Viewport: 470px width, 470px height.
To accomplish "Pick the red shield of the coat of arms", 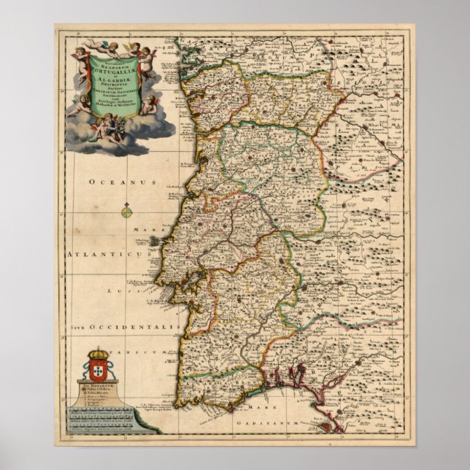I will click(98, 363).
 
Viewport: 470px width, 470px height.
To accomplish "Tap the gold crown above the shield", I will click(98, 350).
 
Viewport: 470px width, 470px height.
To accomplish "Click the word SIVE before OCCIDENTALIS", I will click(80, 329).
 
